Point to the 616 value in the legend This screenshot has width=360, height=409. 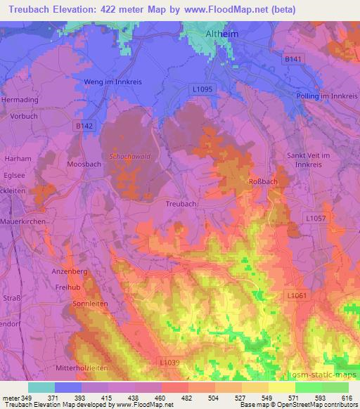(x=346, y=399)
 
